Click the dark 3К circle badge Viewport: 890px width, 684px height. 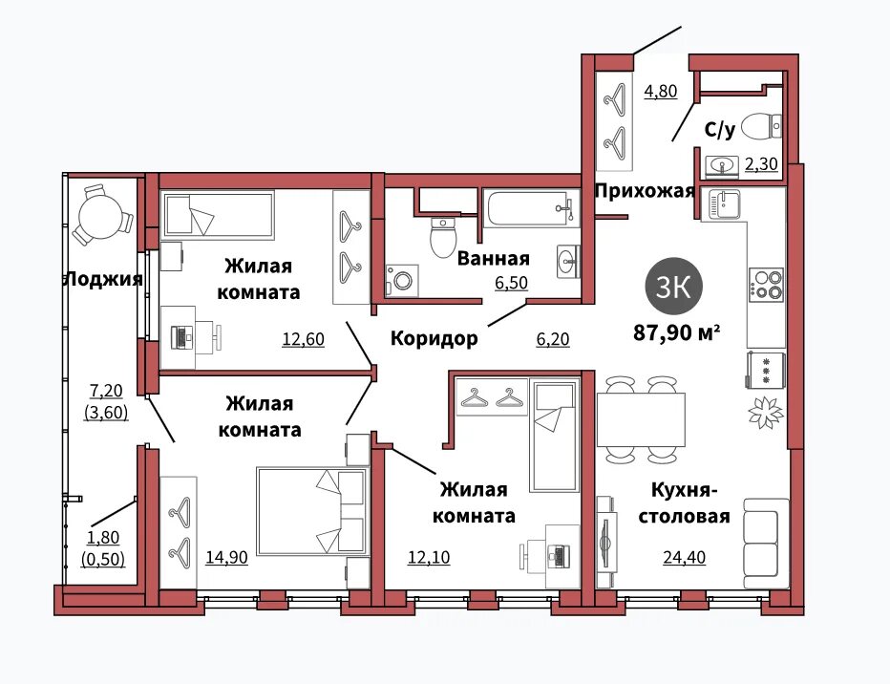coord(674,287)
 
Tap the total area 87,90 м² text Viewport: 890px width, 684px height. coord(677,332)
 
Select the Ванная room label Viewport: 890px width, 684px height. coord(494,259)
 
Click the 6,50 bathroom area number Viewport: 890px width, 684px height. coord(512,283)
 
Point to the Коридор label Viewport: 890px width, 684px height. coord(434,339)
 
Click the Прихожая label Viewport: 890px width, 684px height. coord(645,191)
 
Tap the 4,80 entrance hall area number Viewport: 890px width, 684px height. coord(661,91)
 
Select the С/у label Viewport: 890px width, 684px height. coord(720,130)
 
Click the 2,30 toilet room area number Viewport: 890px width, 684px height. coord(761,164)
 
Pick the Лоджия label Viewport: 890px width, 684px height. coord(104,279)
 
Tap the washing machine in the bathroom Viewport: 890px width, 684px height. coord(402,280)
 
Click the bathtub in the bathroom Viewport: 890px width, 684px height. coord(531,208)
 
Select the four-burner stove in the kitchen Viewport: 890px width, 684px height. coord(766,284)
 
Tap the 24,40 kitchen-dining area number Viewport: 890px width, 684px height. coord(685,558)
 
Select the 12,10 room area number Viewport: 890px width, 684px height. coord(429,558)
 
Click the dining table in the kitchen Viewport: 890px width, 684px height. coord(641,419)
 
